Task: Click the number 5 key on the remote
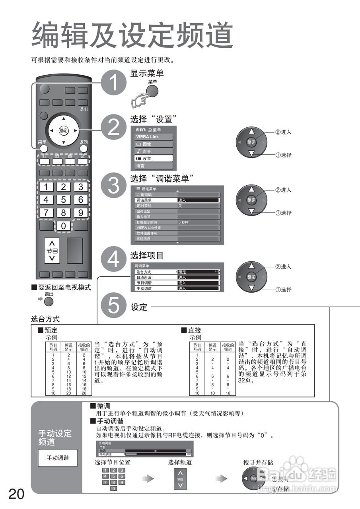point(63,199)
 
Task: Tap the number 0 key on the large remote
point(63,226)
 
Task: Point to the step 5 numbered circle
point(113,306)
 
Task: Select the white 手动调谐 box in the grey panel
point(58,458)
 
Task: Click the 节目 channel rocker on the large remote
point(52,251)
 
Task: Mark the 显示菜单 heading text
point(147,73)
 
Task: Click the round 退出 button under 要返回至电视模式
point(49,301)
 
